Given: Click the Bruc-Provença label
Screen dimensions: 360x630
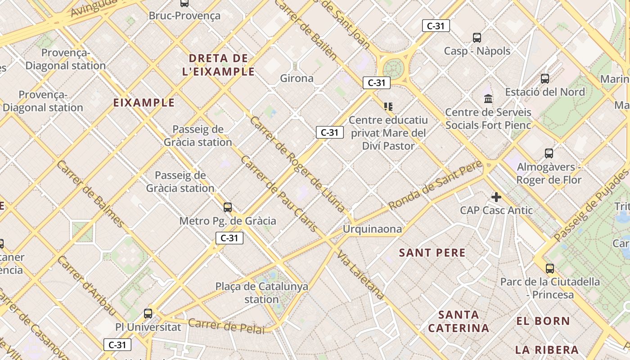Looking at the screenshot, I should click(x=184, y=16).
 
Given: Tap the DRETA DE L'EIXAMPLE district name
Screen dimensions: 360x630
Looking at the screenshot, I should click(x=219, y=65).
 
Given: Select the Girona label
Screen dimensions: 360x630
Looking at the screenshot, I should click(x=297, y=78).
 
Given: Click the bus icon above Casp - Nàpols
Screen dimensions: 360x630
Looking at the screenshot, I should click(x=477, y=38).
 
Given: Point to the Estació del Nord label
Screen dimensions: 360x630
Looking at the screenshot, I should click(x=545, y=92).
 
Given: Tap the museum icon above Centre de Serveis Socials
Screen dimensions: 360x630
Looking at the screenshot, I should click(x=488, y=98).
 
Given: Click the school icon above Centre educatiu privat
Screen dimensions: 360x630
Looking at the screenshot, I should click(x=388, y=107).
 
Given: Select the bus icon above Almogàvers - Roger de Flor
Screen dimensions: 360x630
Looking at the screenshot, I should click(x=549, y=153).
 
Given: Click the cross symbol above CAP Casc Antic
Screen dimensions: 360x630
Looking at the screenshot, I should click(x=496, y=197).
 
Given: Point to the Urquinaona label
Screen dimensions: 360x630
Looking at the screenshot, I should click(x=372, y=229).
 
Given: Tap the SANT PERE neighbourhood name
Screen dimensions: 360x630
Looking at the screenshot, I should click(x=432, y=253).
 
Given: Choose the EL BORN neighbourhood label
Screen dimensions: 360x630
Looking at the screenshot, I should click(x=543, y=321).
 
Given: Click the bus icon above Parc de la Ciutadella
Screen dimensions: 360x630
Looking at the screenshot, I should click(x=550, y=269).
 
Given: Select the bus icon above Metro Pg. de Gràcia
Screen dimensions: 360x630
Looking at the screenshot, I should click(x=228, y=207).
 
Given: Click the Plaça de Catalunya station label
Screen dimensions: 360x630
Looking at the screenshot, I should click(x=262, y=292).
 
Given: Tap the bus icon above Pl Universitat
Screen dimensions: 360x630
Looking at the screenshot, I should click(x=148, y=314).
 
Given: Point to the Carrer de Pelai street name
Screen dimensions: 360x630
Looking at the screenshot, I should click(x=226, y=326).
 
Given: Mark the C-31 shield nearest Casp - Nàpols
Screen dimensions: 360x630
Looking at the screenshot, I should click(x=436, y=26).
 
